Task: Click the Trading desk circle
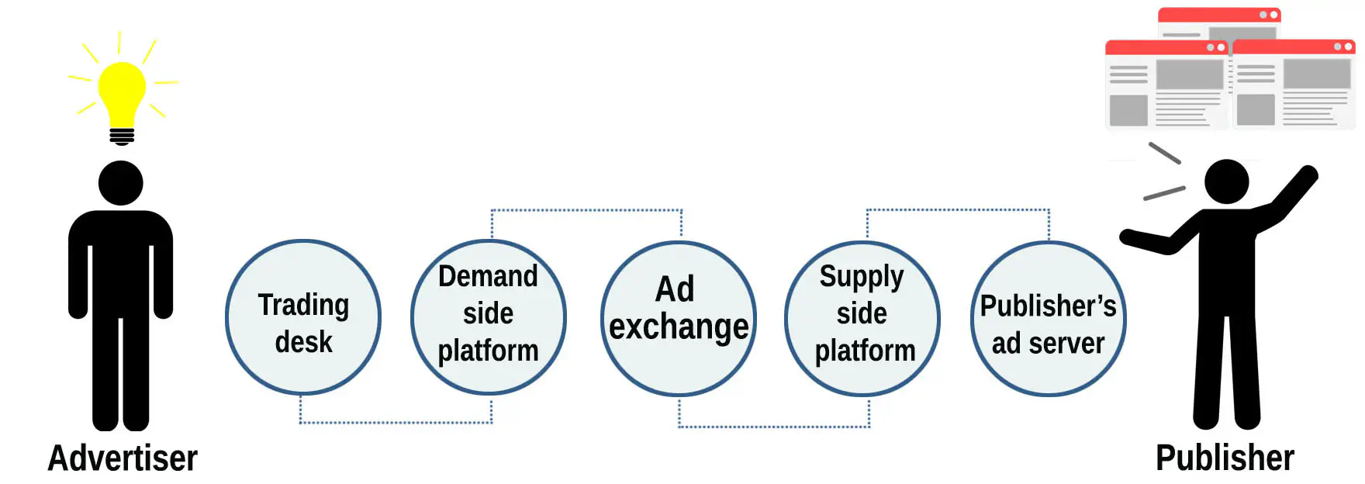303,317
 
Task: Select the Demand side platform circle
488,317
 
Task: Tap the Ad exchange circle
678,319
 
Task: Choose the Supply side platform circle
862,319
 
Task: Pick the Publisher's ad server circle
1048,319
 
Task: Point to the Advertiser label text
123,458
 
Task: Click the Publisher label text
1225,458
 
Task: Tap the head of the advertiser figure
121,183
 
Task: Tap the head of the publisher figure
1226,181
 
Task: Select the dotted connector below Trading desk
396,422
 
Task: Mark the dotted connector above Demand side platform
586,210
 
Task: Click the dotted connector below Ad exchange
774,426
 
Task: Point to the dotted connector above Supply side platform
958,209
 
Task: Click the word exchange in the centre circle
679,327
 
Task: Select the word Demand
488,276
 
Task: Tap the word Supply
862,276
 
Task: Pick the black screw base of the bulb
122,137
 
